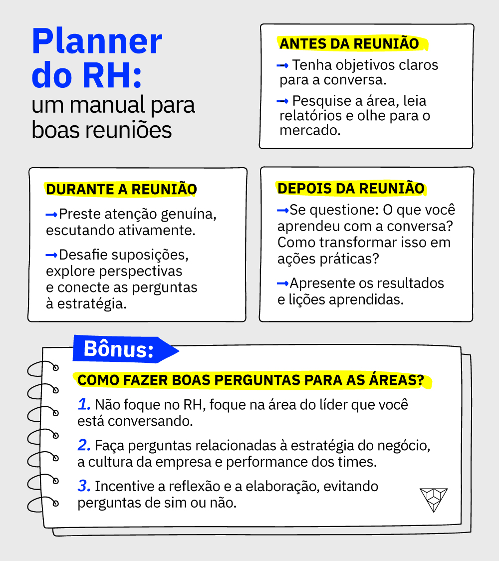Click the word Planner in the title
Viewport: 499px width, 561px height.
point(97,42)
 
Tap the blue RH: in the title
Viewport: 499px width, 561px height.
point(112,75)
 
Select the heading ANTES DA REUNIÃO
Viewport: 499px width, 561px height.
point(349,43)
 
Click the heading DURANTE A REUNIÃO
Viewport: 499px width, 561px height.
point(122,189)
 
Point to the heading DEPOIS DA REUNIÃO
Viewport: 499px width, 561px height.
point(351,188)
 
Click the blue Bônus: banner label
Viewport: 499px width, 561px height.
point(118,349)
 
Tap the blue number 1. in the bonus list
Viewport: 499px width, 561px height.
point(84,404)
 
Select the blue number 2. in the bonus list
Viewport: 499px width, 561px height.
point(84,445)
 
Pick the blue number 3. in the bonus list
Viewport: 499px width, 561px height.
point(84,486)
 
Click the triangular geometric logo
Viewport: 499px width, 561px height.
point(434,499)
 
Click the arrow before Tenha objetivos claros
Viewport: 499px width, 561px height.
point(282,65)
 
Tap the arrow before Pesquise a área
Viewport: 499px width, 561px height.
point(282,101)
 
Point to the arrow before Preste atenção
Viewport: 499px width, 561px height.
point(51,215)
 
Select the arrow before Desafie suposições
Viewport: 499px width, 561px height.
point(51,255)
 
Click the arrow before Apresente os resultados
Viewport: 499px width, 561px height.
point(283,283)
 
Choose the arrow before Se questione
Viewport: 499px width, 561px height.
point(283,211)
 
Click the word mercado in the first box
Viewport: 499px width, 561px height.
point(310,130)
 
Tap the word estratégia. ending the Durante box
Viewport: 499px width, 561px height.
point(92,304)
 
